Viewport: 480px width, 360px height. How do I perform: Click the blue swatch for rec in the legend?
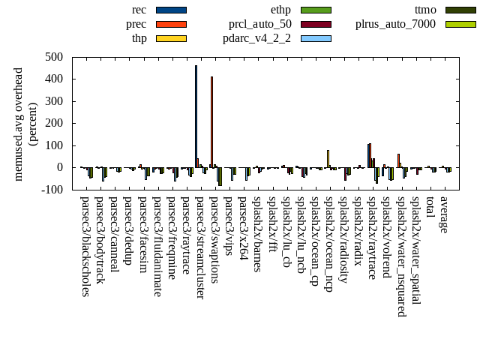[x=171, y=10]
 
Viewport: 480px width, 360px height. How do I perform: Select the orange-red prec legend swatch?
[x=171, y=24]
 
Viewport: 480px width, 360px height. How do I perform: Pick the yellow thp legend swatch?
[x=171, y=38]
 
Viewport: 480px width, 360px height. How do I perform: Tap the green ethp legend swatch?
[x=316, y=10]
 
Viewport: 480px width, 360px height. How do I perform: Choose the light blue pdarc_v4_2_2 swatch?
[x=316, y=38]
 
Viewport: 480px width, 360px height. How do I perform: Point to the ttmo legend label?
[x=426, y=10]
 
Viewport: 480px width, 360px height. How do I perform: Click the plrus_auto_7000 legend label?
[x=395, y=24]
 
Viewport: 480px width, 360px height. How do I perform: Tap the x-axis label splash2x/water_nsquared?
[x=402, y=251]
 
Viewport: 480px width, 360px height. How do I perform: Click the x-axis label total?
[x=430, y=208]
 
